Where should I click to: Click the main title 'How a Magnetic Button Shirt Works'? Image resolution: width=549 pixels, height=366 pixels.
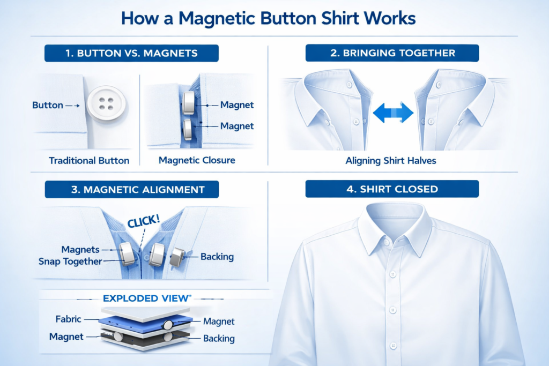tap(268, 18)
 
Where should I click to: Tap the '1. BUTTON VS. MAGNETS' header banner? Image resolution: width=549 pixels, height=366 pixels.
tap(132, 53)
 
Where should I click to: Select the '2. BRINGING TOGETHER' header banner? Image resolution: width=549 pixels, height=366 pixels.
tap(392, 53)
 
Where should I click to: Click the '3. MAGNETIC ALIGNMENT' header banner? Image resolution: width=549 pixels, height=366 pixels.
tap(132, 189)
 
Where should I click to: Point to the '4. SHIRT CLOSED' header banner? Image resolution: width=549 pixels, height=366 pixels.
tap(392, 189)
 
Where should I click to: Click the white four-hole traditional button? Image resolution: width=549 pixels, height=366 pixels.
tap(106, 103)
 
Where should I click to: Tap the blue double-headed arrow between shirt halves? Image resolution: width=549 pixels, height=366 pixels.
tap(393, 113)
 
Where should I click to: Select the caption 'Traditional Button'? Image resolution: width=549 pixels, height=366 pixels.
tap(89, 161)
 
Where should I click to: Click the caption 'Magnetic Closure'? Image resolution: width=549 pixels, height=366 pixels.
tap(197, 160)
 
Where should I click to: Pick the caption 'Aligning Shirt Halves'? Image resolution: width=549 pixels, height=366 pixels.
tap(391, 161)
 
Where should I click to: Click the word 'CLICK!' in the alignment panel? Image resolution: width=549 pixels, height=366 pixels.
tap(144, 221)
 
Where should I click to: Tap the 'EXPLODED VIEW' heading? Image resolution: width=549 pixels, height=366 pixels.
tap(147, 298)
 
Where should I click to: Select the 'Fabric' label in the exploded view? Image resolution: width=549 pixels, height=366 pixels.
tap(68, 319)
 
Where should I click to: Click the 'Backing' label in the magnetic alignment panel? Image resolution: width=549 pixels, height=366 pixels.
tap(217, 257)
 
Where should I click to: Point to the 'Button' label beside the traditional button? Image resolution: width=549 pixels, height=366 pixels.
tap(48, 105)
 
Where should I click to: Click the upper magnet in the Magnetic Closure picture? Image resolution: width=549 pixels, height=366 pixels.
tap(188, 103)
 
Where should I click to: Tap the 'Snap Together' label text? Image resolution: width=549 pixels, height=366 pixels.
tap(70, 262)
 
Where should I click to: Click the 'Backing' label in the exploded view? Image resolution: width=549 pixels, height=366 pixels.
tap(219, 338)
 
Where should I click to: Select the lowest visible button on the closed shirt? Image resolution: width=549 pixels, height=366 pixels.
tap(393, 346)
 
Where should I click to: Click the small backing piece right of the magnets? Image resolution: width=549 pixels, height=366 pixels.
tap(177, 257)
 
